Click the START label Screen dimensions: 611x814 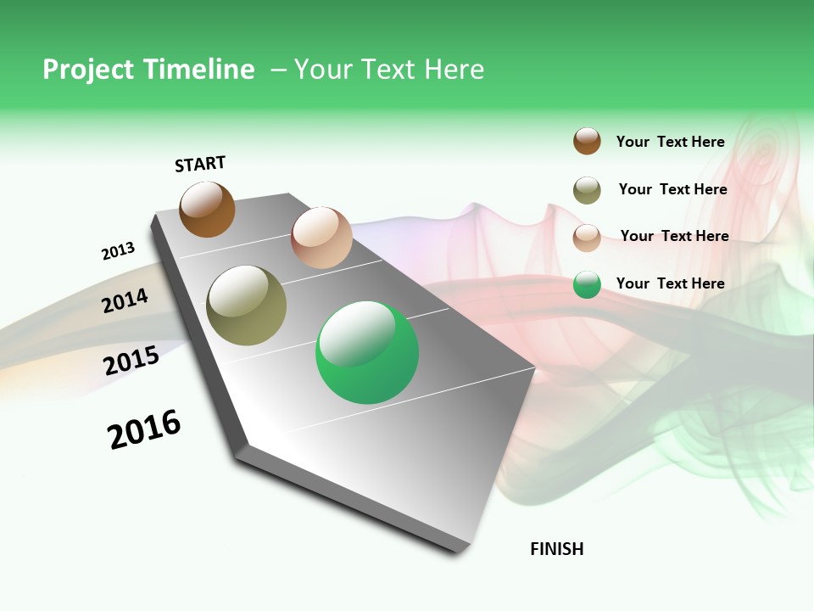click(x=200, y=164)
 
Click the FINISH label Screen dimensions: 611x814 click(x=556, y=549)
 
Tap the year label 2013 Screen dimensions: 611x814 click(x=118, y=251)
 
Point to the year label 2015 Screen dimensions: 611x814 click(x=131, y=361)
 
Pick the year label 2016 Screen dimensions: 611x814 click(x=144, y=429)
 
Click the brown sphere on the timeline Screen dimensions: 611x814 click(x=207, y=210)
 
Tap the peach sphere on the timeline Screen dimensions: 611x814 click(x=321, y=238)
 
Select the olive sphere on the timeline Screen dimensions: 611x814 click(x=246, y=305)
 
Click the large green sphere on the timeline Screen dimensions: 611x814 click(x=367, y=352)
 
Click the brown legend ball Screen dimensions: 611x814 click(x=587, y=141)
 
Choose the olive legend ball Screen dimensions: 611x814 click(x=587, y=190)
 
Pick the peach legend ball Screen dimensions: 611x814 click(x=587, y=238)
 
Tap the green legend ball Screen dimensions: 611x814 click(x=587, y=284)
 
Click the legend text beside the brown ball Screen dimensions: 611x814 click(x=670, y=142)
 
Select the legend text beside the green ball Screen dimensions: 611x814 click(x=670, y=283)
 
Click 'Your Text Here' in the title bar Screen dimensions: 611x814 click(x=388, y=70)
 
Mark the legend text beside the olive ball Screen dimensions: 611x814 click(x=672, y=189)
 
